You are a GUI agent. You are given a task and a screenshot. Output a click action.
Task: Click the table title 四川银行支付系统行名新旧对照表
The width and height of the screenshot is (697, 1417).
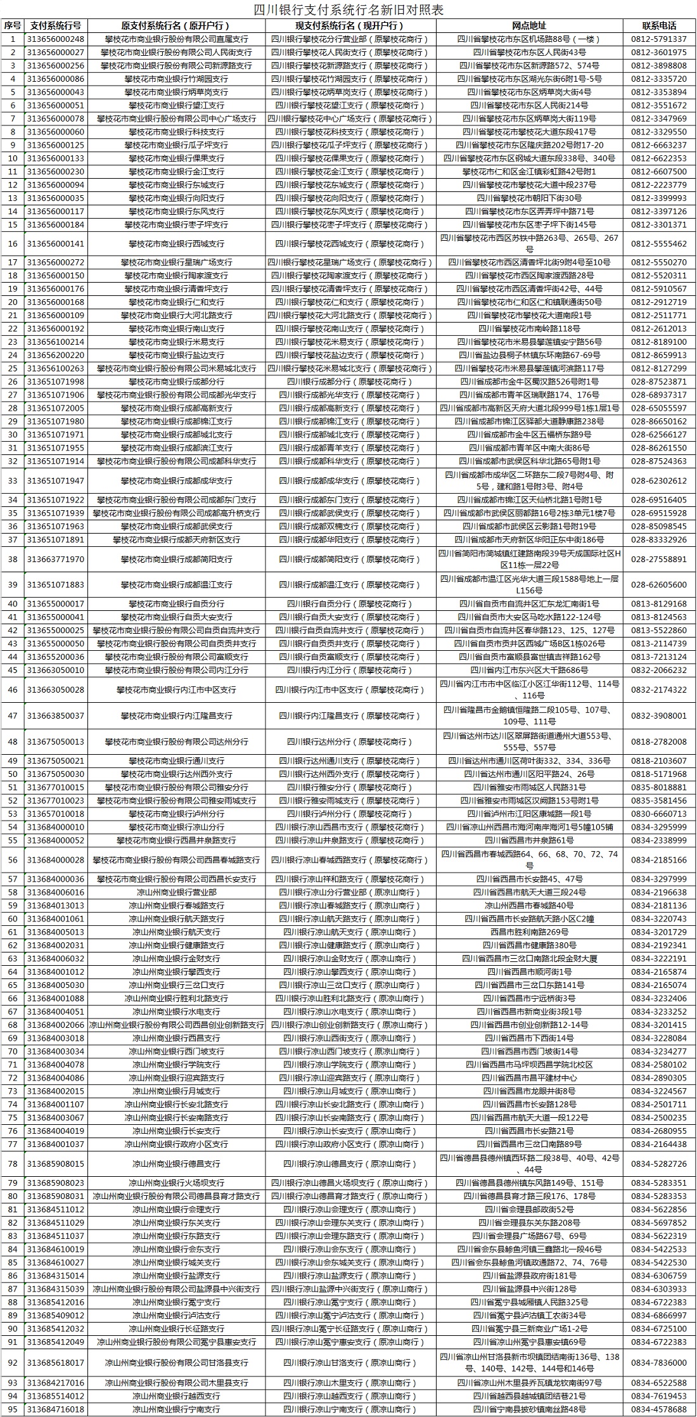point(348,10)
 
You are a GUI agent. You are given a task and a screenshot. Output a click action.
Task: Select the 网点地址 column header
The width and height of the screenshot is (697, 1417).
point(529,26)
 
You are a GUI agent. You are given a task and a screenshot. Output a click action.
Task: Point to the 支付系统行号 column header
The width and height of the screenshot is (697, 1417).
point(55,26)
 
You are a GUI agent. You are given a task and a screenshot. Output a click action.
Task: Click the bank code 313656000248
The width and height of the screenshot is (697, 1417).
point(55,39)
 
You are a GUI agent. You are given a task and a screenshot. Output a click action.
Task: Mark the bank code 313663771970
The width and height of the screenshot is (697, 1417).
point(55,560)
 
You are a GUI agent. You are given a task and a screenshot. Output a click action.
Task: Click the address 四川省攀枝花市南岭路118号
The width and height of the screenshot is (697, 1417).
point(529,328)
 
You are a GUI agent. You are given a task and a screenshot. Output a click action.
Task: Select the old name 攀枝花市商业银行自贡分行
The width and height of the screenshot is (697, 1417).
point(176,604)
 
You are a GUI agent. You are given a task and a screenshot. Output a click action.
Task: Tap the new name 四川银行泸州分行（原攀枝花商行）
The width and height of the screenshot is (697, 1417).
point(350,814)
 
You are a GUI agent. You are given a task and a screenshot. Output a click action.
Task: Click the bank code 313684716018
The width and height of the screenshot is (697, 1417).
point(55,1409)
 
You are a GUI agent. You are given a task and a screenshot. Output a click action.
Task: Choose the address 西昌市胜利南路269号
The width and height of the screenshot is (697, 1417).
point(529,932)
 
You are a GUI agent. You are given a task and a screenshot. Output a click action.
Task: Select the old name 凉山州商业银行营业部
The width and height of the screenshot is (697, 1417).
point(176,892)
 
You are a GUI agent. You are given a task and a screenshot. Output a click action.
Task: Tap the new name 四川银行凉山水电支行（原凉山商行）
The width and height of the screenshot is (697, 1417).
point(350,1011)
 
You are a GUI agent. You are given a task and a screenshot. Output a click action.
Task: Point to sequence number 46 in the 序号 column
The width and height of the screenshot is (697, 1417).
point(12,689)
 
